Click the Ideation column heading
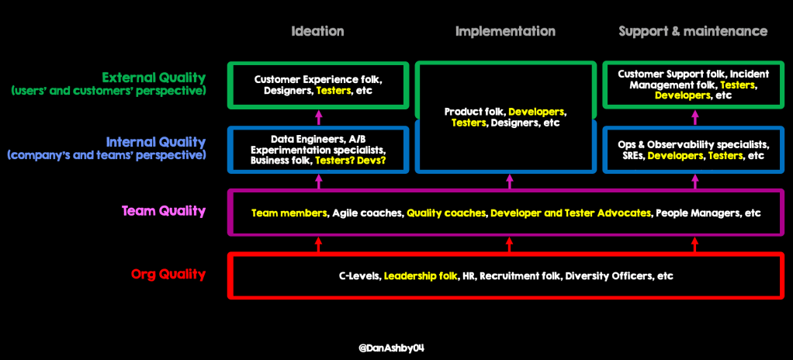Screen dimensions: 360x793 tap(317, 31)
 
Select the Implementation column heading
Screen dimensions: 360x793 tap(505, 31)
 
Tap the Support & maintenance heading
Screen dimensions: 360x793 tap(693, 31)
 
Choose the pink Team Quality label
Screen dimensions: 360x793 tap(164, 210)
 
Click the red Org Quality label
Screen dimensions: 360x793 tap(168, 274)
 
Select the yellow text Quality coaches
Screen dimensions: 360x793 tap(445, 213)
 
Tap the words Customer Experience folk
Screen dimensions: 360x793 tap(318, 79)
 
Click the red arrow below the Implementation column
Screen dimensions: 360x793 tap(509, 245)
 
